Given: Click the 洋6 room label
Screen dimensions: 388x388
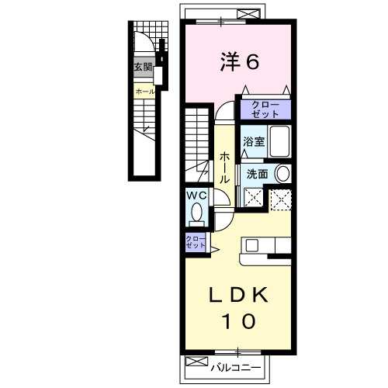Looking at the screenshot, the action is (x=240, y=61).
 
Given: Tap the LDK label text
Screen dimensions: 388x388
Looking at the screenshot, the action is (x=238, y=295).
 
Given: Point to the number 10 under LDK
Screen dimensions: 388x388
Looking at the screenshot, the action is (x=238, y=321).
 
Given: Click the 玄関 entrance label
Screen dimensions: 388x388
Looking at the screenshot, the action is (x=143, y=68).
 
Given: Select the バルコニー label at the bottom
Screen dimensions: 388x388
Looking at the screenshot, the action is (x=235, y=368).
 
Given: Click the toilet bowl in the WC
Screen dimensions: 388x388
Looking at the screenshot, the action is (x=197, y=212).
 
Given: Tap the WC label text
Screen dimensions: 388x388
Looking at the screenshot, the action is (x=197, y=196).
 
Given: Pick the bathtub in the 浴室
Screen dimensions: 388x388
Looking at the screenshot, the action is (x=279, y=141).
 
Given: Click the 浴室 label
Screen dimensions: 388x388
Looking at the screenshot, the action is (x=254, y=141).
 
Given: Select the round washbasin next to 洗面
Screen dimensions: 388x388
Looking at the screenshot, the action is (x=282, y=174).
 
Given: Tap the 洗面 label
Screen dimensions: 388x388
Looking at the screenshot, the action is (x=257, y=174).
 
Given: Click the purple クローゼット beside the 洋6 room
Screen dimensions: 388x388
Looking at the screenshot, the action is (x=265, y=109).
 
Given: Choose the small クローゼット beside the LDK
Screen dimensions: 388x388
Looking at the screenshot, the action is (x=196, y=242).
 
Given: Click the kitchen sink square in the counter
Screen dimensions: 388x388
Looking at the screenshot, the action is (x=251, y=245).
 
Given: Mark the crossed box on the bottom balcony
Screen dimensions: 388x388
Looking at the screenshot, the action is (x=197, y=362).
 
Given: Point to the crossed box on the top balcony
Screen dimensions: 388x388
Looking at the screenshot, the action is (x=248, y=13).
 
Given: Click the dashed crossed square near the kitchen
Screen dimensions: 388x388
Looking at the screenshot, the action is (x=281, y=200).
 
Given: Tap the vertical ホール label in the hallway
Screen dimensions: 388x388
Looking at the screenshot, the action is (x=224, y=168).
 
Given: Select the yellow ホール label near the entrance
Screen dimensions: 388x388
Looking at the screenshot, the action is (x=145, y=92).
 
